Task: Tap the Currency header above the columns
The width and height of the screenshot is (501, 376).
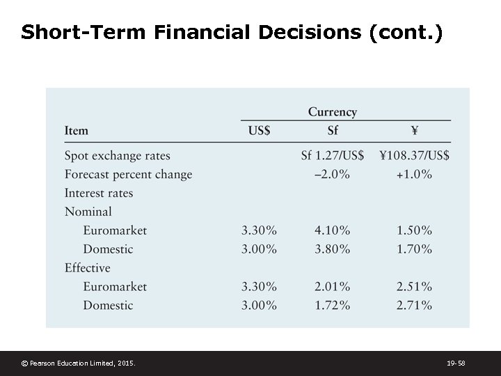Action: tap(332, 112)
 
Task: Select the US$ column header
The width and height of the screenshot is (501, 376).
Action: tap(259, 130)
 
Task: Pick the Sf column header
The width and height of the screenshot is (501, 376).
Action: tap(332, 130)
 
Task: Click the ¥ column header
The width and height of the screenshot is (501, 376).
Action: tap(414, 130)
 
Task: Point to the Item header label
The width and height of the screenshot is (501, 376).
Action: tap(76, 130)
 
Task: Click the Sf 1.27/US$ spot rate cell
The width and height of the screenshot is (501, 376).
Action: tap(332, 155)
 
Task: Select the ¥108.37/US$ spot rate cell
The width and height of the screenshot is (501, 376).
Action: tap(414, 155)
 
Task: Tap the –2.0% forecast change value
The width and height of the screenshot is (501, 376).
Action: tap(332, 174)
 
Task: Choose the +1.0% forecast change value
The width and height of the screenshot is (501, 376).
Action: tap(414, 174)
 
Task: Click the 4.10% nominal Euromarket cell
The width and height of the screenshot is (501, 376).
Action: tap(332, 230)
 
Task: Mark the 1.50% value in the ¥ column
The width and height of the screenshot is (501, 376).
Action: tap(414, 230)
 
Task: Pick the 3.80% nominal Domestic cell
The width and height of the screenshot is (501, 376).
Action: tap(332, 249)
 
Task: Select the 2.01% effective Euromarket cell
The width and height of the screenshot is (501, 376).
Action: tap(332, 286)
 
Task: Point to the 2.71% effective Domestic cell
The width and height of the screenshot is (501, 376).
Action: tap(414, 305)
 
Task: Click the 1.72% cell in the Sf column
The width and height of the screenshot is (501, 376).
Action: tap(332, 305)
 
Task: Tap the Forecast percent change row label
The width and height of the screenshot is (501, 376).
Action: tap(128, 174)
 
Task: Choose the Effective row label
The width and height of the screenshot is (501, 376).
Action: tap(87, 267)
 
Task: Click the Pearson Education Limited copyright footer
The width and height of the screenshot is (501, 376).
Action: tap(78, 363)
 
